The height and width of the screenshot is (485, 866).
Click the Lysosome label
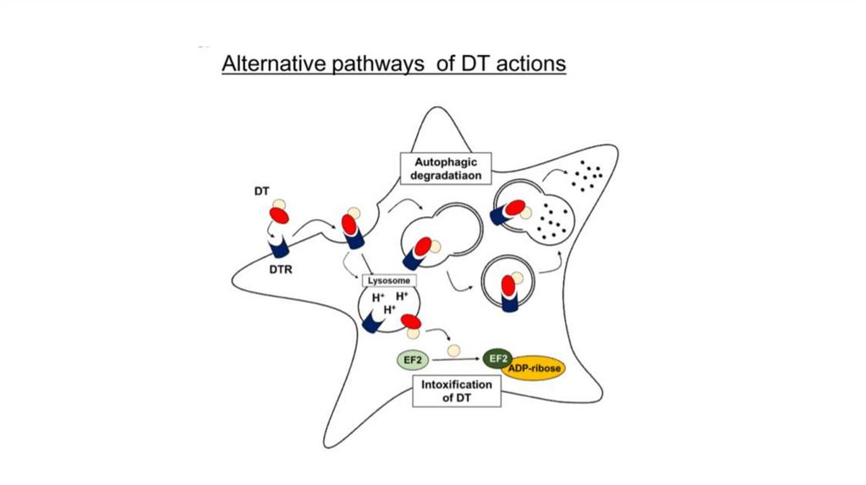(389, 279)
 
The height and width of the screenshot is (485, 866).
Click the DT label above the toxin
(261, 193)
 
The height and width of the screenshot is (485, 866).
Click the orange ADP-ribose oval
(534, 369)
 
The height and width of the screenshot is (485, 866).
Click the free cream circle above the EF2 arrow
(455, 348)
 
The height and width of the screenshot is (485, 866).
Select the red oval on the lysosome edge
(412, 321)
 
